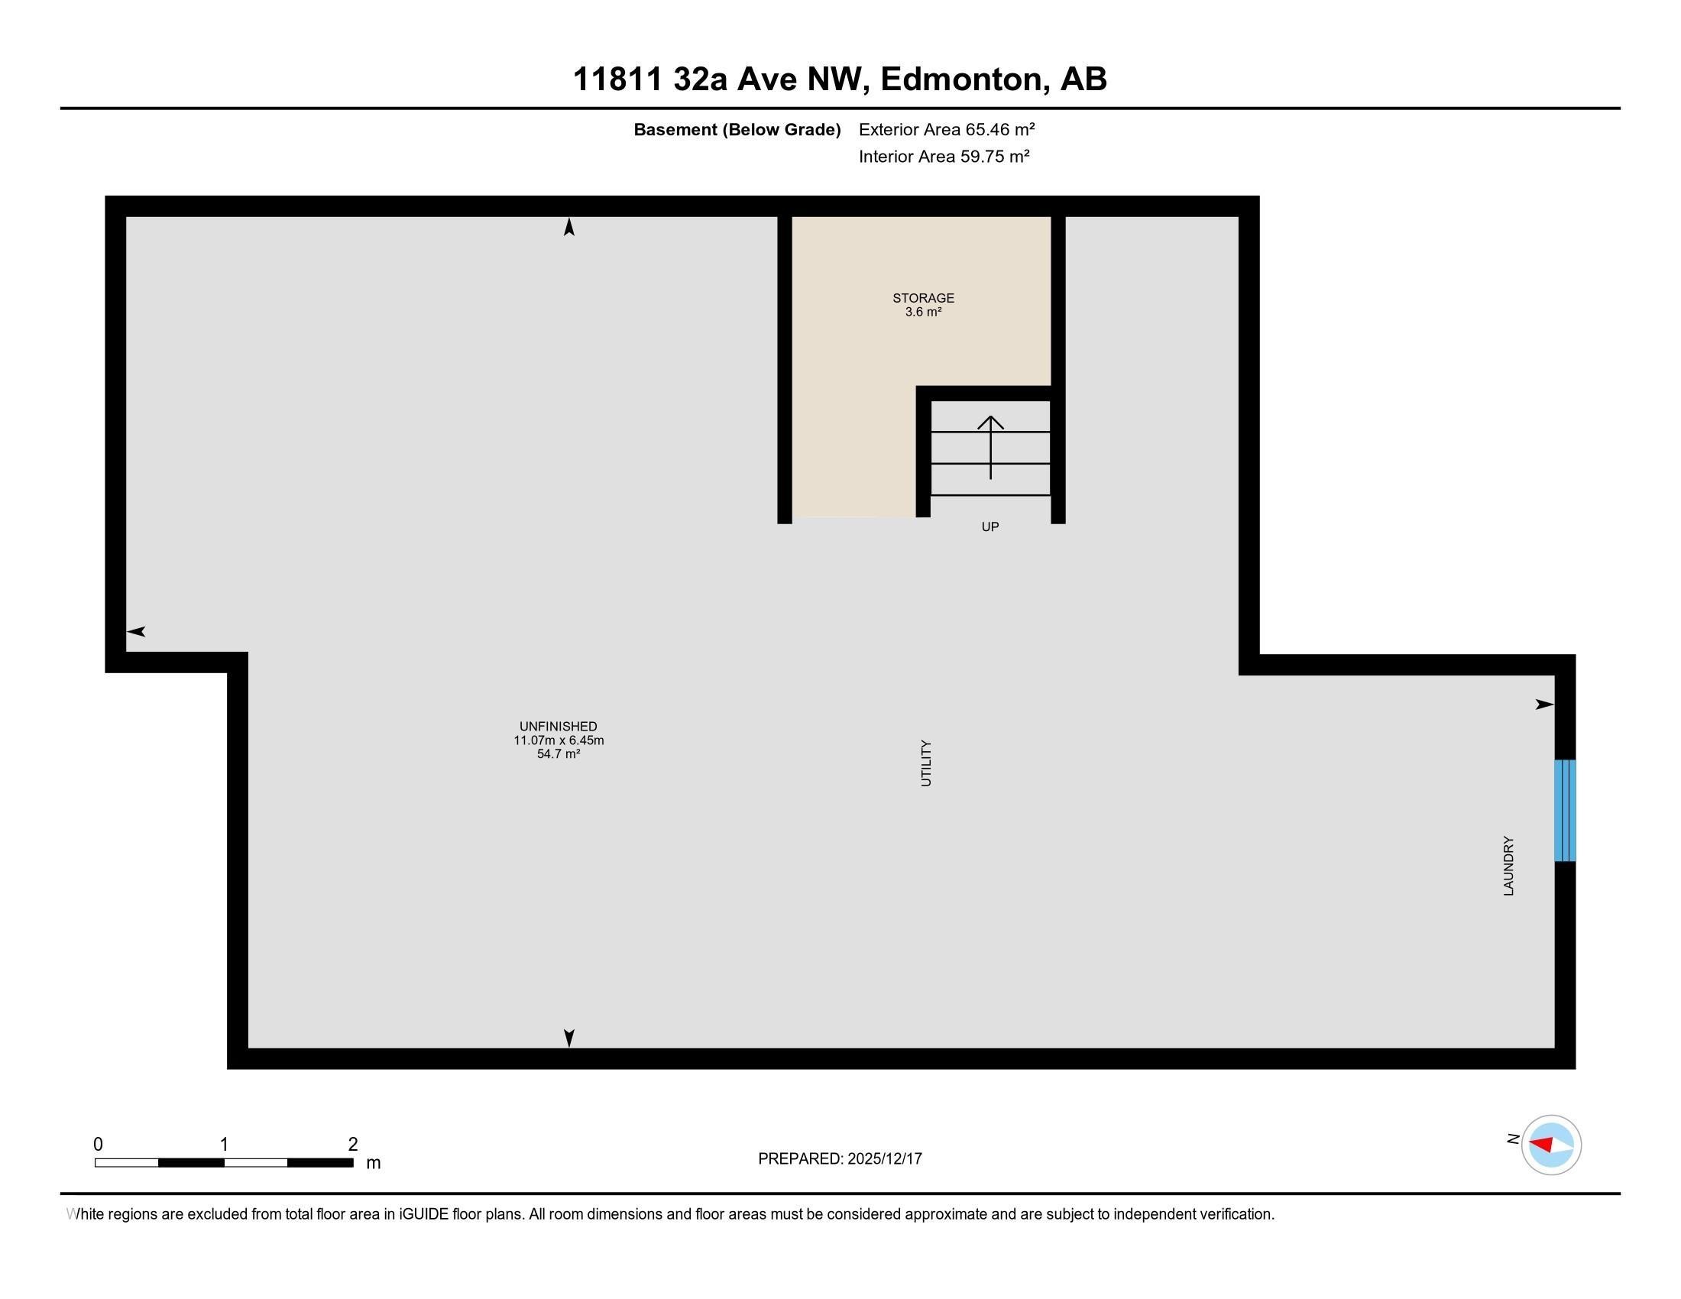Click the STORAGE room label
(923, 298)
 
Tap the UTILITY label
(926, 763)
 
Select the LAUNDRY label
(1508, 866)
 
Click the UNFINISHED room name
(558, 727)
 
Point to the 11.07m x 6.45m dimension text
(558, 740)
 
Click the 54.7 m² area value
(558, 754)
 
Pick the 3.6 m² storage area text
(923, 313)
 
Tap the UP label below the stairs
(989, 527)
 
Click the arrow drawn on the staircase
(990, 446)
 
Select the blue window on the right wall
(1565, 810)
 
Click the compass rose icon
(1551, 1145)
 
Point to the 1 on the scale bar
(224, 1145)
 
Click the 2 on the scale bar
(352, 1145)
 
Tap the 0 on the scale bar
(98, 1145)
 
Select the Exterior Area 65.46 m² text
(946, 129)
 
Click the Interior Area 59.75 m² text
(944, 157)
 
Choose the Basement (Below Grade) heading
(737, 130)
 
